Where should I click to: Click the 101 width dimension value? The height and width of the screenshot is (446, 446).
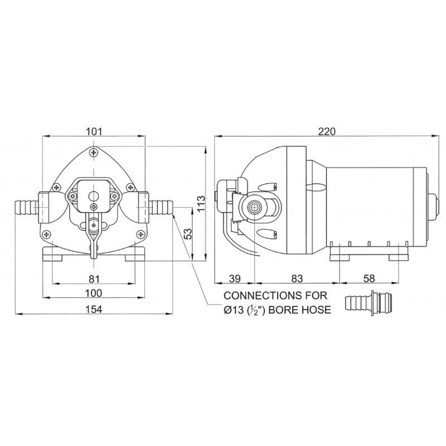click(x=94, y=132)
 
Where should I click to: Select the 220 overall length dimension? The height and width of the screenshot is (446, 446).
click(x=326, y=132)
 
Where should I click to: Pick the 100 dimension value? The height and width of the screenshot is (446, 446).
click(x=94, y=293)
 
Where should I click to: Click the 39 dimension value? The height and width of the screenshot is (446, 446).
click(x=235, y=278)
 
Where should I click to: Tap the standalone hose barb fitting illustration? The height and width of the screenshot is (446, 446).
click(x=369, y=303)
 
